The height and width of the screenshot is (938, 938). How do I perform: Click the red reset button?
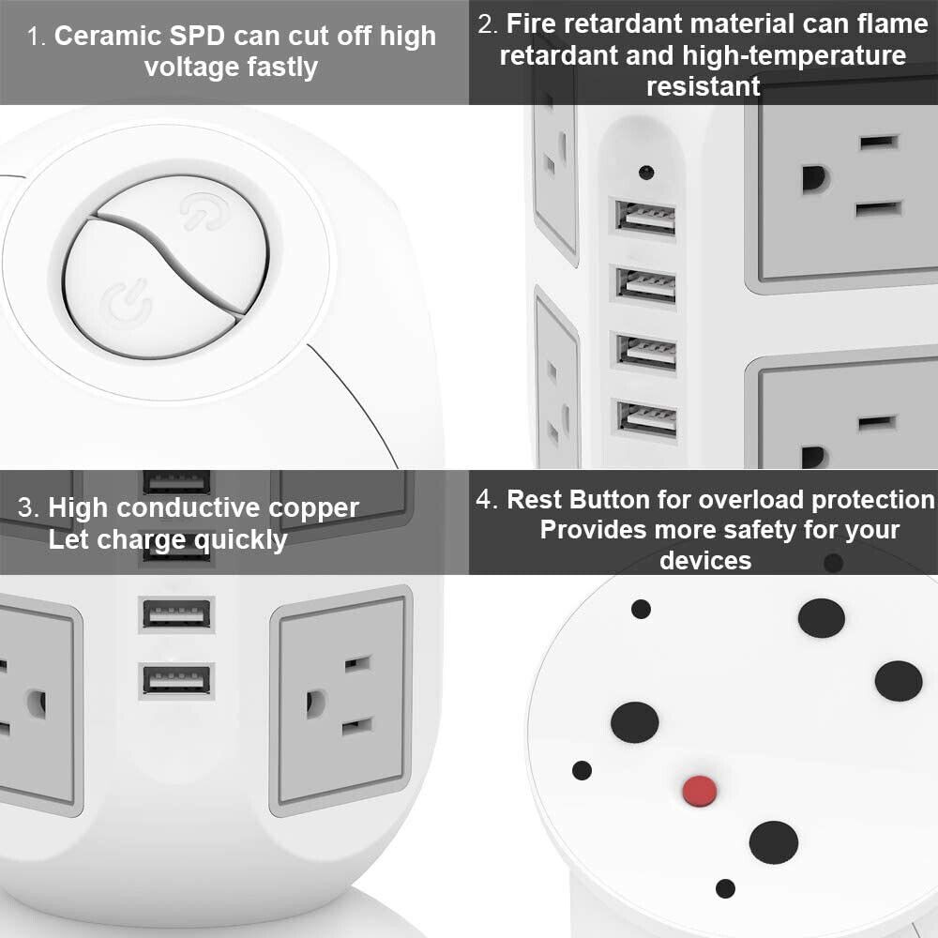pyautogui.click(x=700, y=791)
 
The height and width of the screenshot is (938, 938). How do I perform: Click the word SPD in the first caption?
pyautogui.click(x=197, y=36)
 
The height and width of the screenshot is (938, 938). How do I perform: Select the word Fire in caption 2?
pyautogui.click(x=532, y=24)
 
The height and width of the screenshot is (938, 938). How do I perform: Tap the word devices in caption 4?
pyautogui.click(x=705, y=561)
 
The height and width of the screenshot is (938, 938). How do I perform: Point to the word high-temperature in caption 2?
pyautogui.click(x=794, y=55)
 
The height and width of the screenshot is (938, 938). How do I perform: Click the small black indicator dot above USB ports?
pyautogui.click(x=646, y=173)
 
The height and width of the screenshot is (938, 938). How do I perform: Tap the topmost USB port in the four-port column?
pyautogui.click(x=645, y=218)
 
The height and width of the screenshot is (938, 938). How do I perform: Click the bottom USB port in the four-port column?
pyautogui.click(x=646, y=418)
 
